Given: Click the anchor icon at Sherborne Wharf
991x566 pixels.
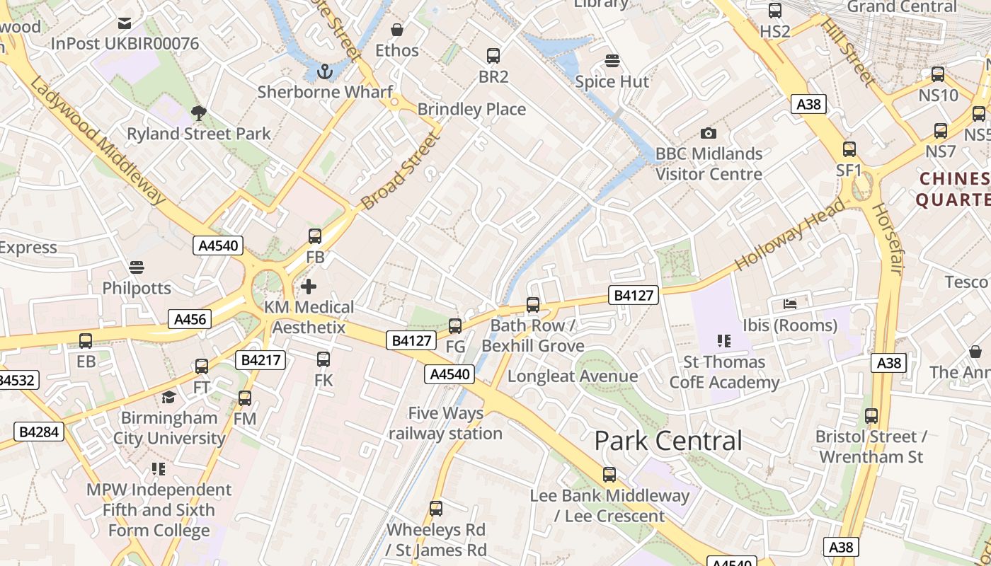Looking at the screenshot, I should click(325, 71).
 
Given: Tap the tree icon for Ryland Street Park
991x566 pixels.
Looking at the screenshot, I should click(199, 112).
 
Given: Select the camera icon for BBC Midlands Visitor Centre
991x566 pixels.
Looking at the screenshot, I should click(708, 133).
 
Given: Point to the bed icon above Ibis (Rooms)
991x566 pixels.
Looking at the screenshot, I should click(790, 304).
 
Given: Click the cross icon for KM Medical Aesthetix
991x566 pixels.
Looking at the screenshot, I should click(309, 287).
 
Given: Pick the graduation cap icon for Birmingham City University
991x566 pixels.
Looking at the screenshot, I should click(168, 397).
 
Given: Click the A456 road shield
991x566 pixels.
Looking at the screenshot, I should click(190, 319).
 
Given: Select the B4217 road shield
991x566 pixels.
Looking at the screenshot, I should click(262, 360).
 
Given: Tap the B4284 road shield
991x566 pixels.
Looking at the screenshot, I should click(39, 431).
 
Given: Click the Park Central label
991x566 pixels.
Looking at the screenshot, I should click(668, 441).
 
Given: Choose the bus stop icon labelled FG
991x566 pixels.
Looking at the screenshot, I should click(455, 326).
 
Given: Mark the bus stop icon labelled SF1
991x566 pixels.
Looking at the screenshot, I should click(849, 149).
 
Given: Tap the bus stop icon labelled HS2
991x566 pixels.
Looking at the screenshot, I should click(775, 11).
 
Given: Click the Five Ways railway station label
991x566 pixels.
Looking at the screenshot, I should click(446, 423).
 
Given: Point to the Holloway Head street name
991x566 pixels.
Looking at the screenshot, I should click(790, 235).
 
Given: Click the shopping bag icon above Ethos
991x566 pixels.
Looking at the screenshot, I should click(397, 30).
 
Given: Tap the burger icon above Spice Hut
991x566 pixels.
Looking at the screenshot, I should click(612, 61).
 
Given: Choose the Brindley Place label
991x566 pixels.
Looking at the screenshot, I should click(471, 110).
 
